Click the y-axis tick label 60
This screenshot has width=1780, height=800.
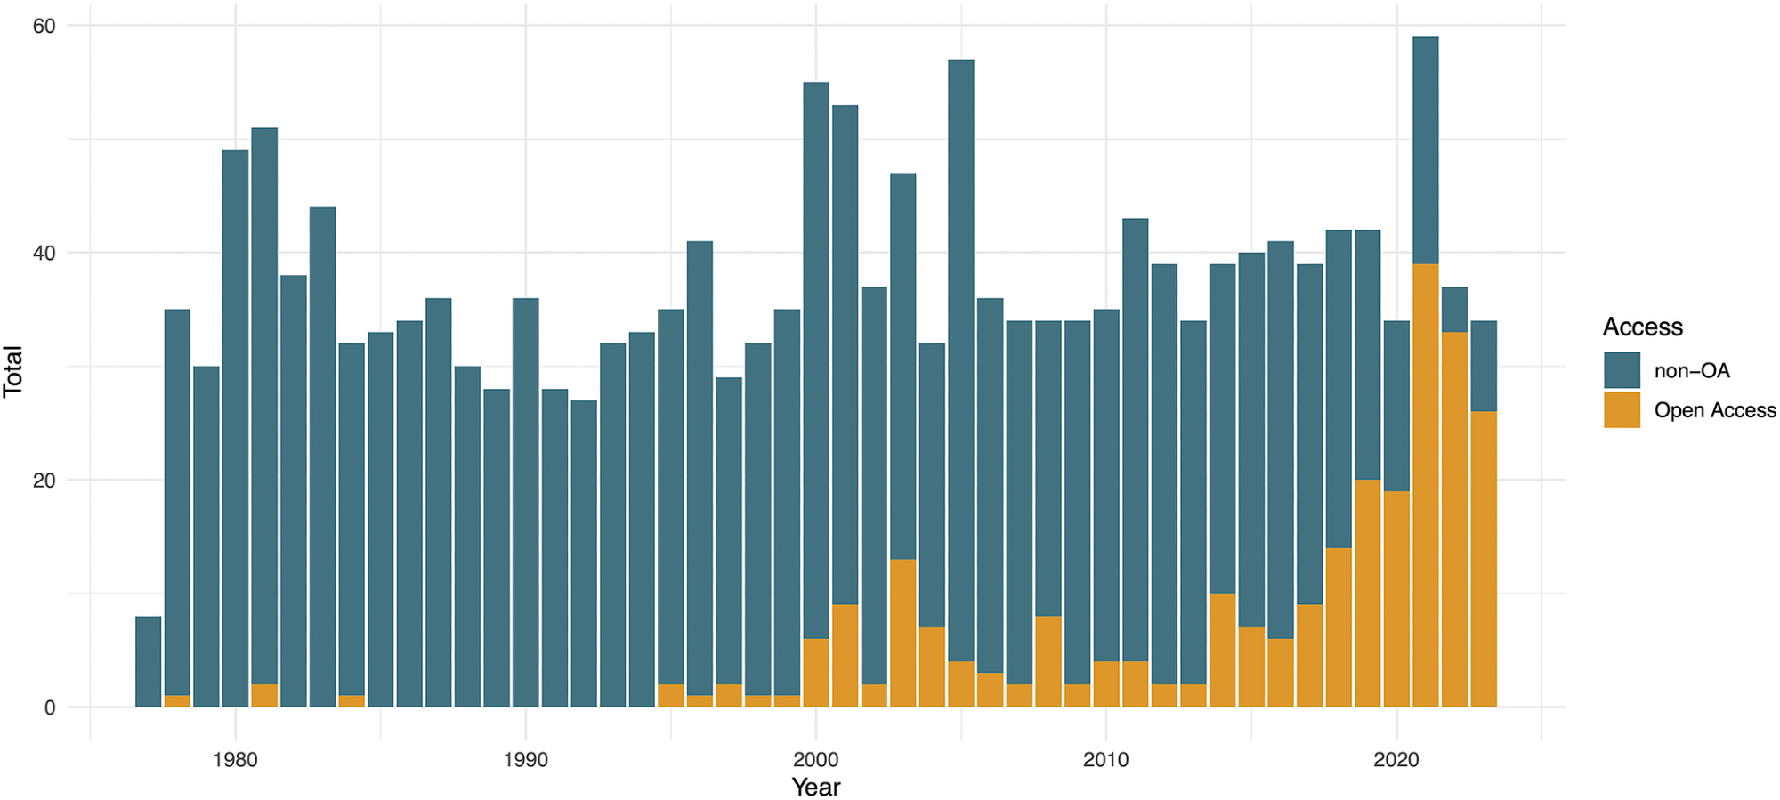pyautogui.click(x=44, y=26)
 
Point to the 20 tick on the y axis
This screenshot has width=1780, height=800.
pyautogui.click(x=44, y=481)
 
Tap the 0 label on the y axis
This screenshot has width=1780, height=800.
pyautogui.click(x=49, y=708)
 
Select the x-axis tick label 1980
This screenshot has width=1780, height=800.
pyautogui.click(x=235, y=760)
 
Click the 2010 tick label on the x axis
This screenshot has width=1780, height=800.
pyautogui.click(x=1105, y=760)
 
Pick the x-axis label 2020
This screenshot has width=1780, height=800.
pyautogui.click(x=1396, y=760)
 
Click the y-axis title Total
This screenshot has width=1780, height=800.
pyautogui.click(x=12, y=371)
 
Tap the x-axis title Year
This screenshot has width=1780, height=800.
pyautogui.click(x=815, y=787)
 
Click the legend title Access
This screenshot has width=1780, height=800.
pyautogui.click(x=1642, y=327)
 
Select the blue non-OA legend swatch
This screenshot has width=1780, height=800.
pyautogui.click(x=1622, y=370)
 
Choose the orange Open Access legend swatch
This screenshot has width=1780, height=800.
pyautogui.click(x=1622, y=410)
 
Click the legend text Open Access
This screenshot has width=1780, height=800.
pyautogui.click(x=1714, y=410)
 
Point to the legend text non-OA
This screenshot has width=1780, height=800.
pyautogui.click(x=1691, y=371)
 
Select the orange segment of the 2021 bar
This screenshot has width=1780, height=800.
pyautogui.click(x=1425, y=485)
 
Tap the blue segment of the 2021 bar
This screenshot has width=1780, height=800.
pyautogui.click(x=1425, y=150)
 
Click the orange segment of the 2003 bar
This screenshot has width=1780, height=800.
pyautogui.click(x=902, y=633)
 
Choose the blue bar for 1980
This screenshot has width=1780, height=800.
pyautogui.click(x=235, y=428)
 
